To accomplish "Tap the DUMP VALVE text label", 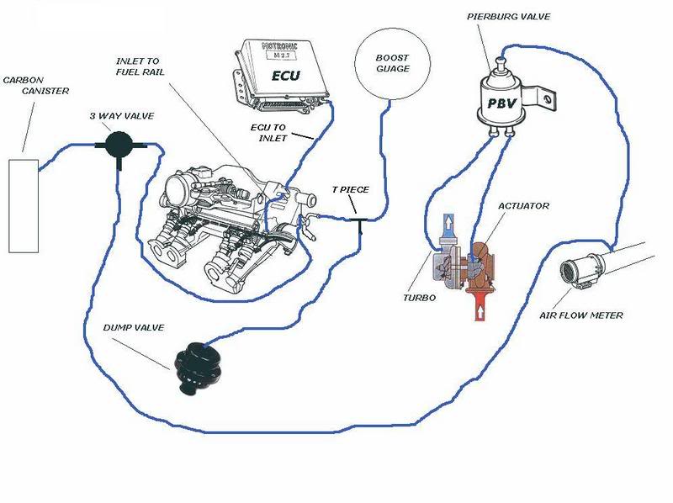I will [x=131, y=327].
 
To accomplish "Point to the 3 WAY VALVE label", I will [x=117, y=117].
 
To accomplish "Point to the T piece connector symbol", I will [x=360, y=223].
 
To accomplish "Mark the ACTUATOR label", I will [x=523, y=206].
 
